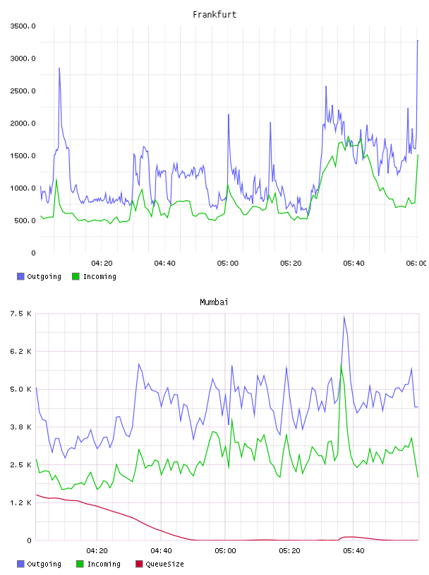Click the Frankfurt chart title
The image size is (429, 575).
click(x=214, y=14)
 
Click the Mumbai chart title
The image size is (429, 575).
click(x=214, y=302)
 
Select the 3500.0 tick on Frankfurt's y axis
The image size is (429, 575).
click(x=23, y=26)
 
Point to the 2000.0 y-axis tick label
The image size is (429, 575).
click(x=23, y=123)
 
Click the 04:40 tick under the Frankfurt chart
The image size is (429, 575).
click(x=164, y=263)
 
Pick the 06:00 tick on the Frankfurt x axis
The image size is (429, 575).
click(x=416, y=263)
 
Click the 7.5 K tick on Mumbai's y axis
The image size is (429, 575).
click(x=21, y=314)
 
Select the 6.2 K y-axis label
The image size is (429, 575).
click(x=21, y=352)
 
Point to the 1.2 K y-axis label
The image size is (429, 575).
click(x=21, y=502)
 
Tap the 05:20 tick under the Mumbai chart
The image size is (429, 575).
click(x=289, y=550)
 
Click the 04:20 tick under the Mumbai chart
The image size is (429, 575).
click(x=97, y=550)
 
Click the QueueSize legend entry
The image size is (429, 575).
click(x=159, y=564)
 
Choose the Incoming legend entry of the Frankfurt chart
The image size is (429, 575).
click(x=94, y=276)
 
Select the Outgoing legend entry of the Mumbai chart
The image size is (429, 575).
click(x=39, y=564)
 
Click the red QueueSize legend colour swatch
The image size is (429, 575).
click(x=139, y=564)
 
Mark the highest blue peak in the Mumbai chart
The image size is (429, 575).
click(x=344, y=316)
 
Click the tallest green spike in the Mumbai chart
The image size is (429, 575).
click(x=342, y=364)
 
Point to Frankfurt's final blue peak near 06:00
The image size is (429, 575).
click(x=418, y=40)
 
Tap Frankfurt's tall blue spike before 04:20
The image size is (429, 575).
click(x=59, y=68)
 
